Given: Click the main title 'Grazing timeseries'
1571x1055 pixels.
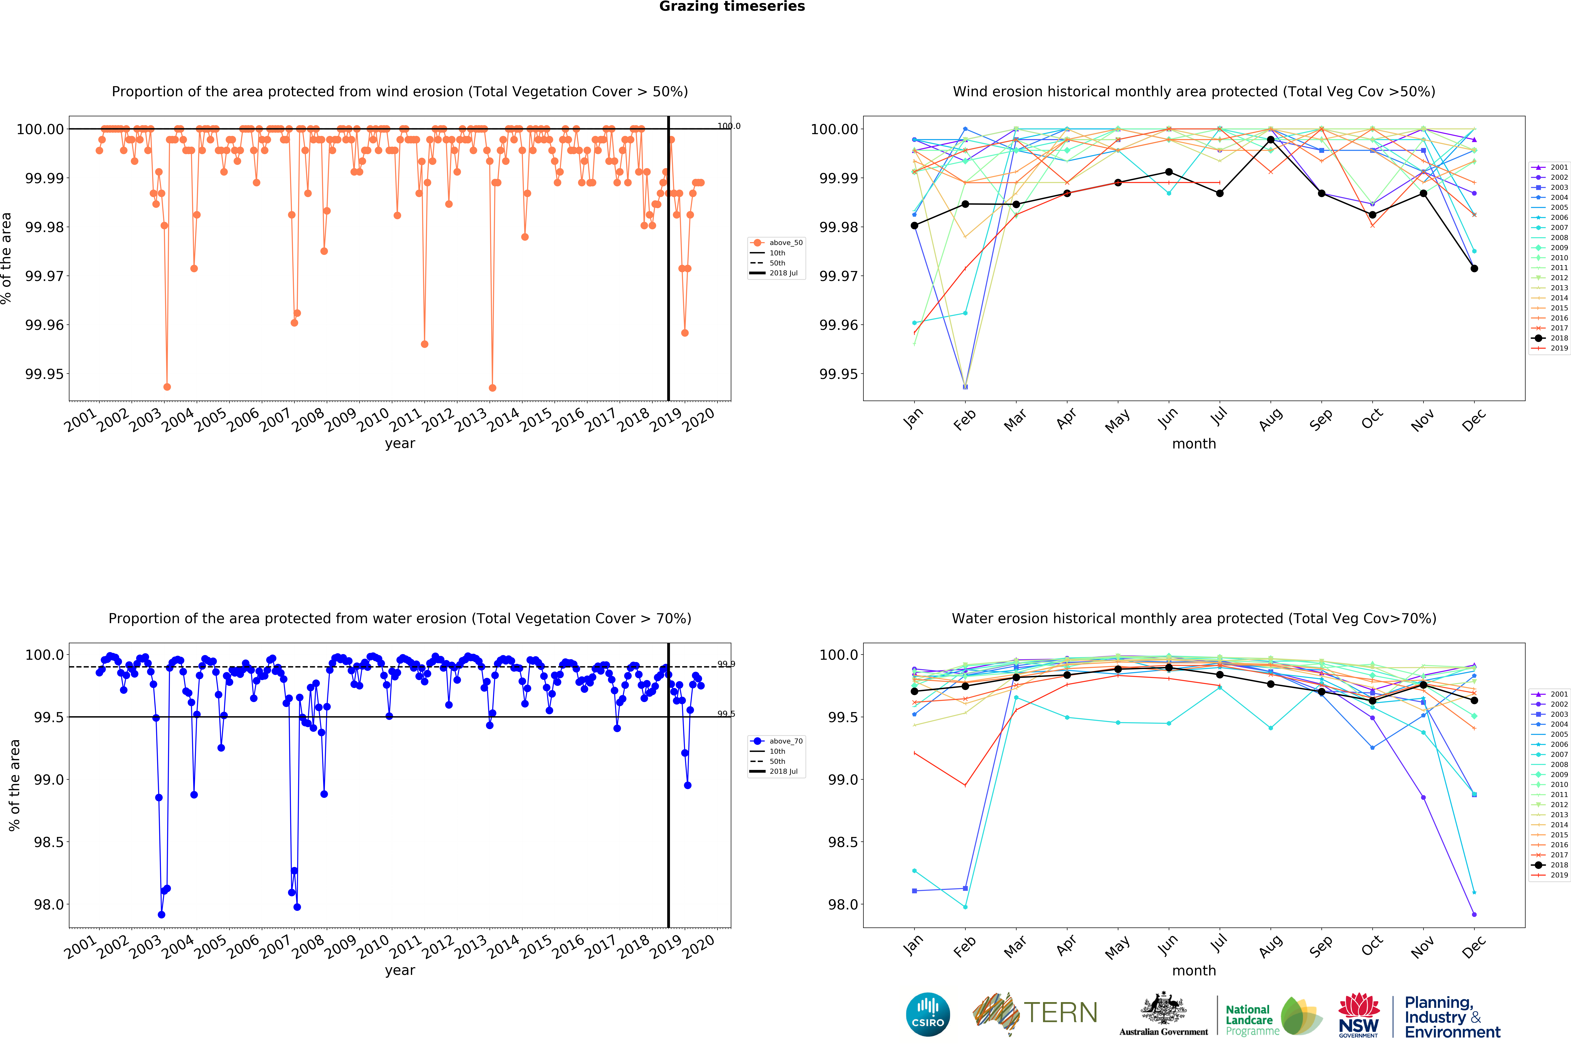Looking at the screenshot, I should [x=732, y=7].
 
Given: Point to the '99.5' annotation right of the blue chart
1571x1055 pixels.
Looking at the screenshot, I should [x=726, y=714].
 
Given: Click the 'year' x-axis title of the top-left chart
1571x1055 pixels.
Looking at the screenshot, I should [x=400, y=443].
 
